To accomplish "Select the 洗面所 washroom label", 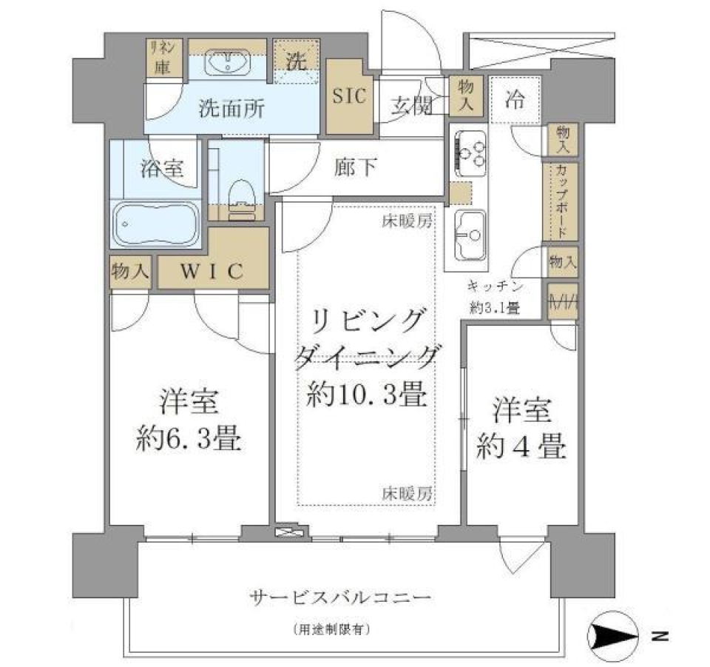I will pyautogui.click(x=231, y=110).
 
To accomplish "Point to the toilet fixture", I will pyautogui.click(x=240, y=198).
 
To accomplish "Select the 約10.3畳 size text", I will pyautogui.click(x=365, y=397).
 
